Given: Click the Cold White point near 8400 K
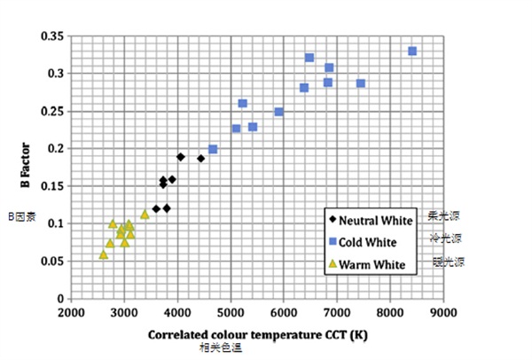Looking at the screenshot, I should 412,51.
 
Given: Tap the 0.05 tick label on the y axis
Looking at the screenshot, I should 53,262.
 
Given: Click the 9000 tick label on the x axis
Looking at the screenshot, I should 443,313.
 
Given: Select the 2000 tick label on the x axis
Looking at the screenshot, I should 71,313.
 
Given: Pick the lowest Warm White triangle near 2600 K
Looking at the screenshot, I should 103,254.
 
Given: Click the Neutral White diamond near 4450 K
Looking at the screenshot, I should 200,159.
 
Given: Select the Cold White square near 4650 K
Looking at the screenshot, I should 213,149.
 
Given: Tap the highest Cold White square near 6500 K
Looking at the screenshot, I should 309,58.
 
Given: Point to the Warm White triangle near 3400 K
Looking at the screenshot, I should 145,214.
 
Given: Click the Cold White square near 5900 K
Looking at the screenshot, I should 278,112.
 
